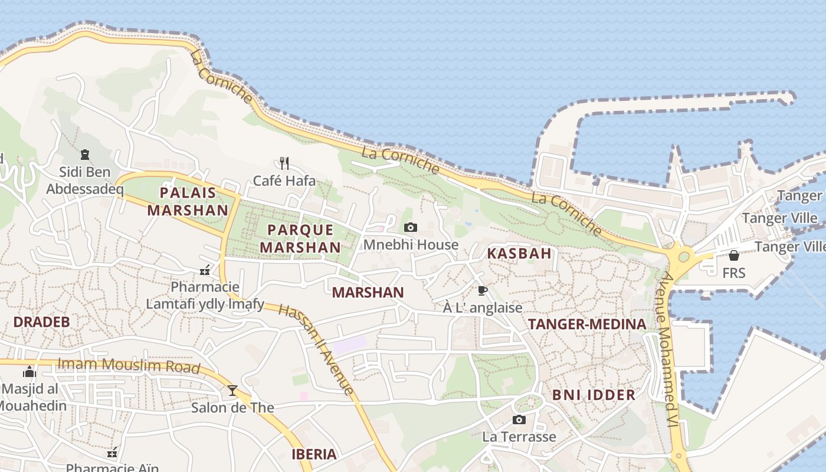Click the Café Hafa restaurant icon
pos(284,163)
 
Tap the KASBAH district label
pos(519,254)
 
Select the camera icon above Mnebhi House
pos(411,228)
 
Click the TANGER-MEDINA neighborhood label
pos(587,324)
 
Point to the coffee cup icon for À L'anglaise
pos(482,290)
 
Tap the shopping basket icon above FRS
pos(733,255)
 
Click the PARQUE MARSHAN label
pos(300,238)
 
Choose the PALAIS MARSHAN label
pos(188,201)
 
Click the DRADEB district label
pos(41,322)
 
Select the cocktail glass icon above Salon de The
pos(232,390)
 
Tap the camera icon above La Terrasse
pos(519,419)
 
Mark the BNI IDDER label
pos(594,395)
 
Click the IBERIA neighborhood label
pos(314,454)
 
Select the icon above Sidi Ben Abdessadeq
pos(84,155)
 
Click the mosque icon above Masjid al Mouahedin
pos(29,372)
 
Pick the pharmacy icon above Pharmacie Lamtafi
pos(205,270)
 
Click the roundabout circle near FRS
pos(684,257)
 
